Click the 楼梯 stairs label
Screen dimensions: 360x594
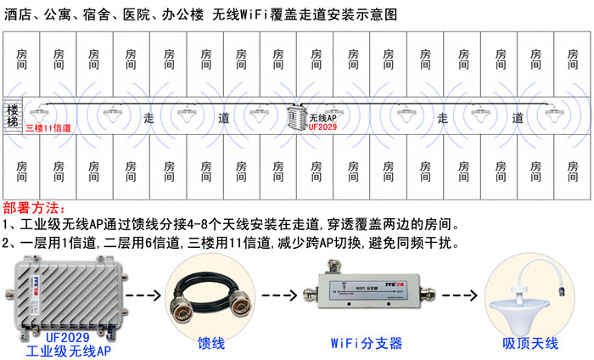tap(12, 116)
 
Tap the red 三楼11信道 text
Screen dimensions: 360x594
tap(48, 129)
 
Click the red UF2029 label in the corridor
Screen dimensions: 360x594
tap(323, 128)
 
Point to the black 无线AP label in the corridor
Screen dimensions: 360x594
tap(322, 118)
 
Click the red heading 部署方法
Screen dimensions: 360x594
tap(33, 209)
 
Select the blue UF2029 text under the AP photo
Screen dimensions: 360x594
tap(69, 337)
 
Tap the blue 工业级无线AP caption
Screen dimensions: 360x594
tap(69, 350)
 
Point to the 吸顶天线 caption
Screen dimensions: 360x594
tap(530, 344)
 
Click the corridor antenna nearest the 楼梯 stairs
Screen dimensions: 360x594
tap(38, 111)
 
